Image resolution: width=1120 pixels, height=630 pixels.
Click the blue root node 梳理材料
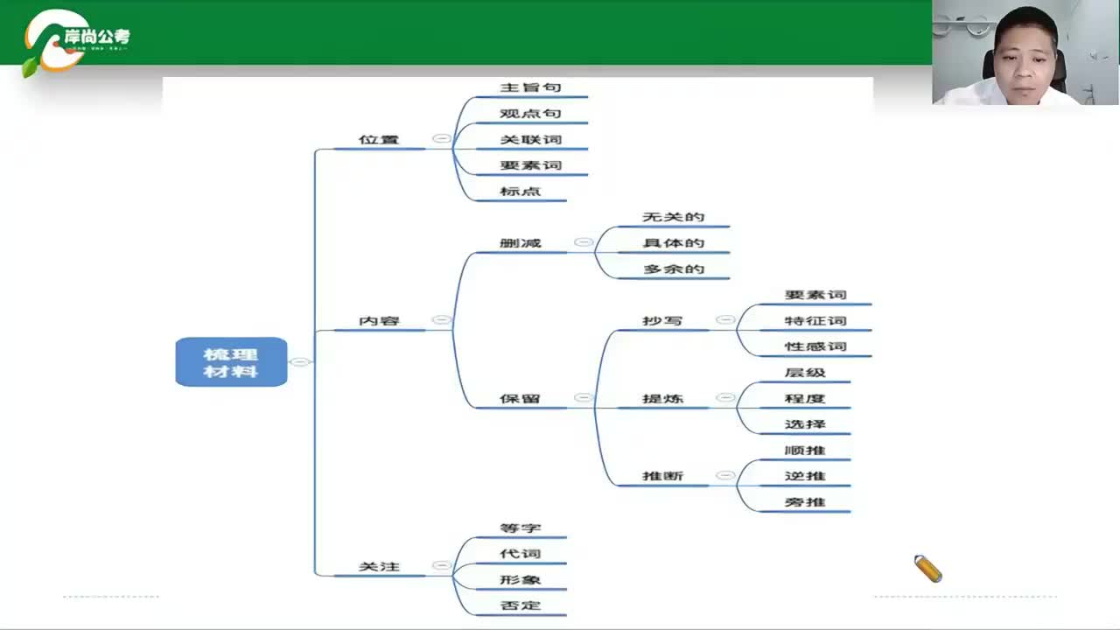click(x=231, y=361)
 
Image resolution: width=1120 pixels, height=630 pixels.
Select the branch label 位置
click(x=379, y=139)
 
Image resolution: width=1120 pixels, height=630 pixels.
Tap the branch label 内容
click(x=379, y=321)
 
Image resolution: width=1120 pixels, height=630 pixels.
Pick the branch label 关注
click(x=379, y=567)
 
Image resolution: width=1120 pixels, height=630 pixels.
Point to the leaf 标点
click(x=520, y=191)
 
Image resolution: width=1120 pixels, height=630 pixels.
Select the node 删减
click(x=520, y=242)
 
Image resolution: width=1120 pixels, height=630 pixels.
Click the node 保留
click(x=520, y=399)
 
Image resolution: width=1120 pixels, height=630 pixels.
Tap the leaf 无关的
click(x=673, y=217)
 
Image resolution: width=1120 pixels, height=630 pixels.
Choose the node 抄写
click(x=662, y=321)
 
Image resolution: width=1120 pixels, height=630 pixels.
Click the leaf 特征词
click(x=815, y=321)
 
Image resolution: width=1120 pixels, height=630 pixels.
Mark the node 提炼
click(x=662, y=399)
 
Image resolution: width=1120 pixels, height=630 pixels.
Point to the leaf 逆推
click(x=805, y=476)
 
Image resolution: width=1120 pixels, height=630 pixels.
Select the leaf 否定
click(x=520, y=605)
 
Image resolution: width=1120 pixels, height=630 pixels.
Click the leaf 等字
click(x=520, y=528)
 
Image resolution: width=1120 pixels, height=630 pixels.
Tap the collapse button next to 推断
click(x=725, y=475)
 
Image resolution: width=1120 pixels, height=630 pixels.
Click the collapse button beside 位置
click(x=442, y=138)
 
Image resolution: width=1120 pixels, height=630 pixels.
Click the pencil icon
click(x=927, y=569)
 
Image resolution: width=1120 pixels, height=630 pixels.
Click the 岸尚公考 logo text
click(x=96, y=38)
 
